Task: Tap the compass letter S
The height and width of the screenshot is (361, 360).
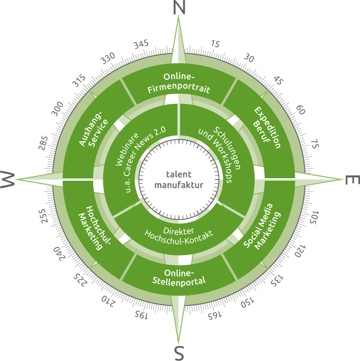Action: click(x=179, y=353)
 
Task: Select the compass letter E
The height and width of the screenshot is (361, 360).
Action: click(x=352, y=179)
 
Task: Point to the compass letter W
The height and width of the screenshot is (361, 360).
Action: click(x=7, y=179)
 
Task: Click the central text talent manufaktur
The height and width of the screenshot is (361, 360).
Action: click(x=179, y=179)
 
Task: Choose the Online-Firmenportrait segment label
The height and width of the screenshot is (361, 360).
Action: click(x=179, y=83)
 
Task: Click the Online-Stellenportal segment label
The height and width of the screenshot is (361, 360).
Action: click(x=179, y=276)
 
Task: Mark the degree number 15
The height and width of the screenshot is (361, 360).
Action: click(x=215, y=45)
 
